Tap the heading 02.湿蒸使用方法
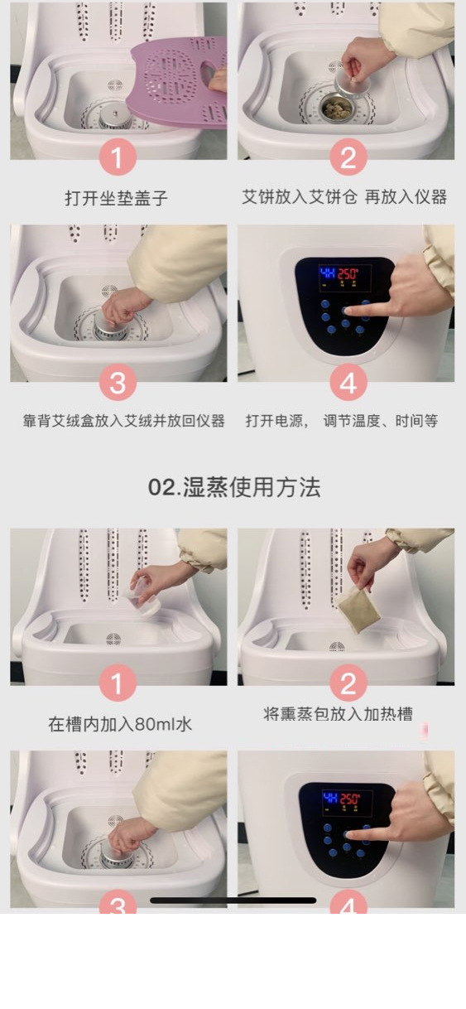pyautogui.click(x=234, y=487)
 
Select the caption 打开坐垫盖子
pyautogui.click(x=116, y=198)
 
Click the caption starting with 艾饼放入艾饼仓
pyautogui.click(x=344, y=197)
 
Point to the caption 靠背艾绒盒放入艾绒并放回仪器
pyautogui.click(x=124, y=421)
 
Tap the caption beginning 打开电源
pyautogui.click(x=342, y=421)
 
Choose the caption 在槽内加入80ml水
pyautogui.click(x=120, y=724)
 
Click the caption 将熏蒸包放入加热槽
pyautogui.click(x=339, y=714)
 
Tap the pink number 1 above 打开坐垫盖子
pyautogui.click(x=118, y=157)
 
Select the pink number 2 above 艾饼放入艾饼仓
pyautogui.click(x=348, y=157)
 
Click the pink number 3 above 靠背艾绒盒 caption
pyautogui.click(x=118, y=383)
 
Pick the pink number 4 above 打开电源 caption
pyautogui.click(x=348, y=383)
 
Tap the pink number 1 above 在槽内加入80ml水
pyautogui.click(x=118, y=683)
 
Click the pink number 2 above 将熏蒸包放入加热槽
pyautogui.click(x=348, y=683)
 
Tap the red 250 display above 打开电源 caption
pyautogui.click(x=348, y=273)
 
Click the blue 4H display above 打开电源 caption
pyautogui.click(x=327, y=273)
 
